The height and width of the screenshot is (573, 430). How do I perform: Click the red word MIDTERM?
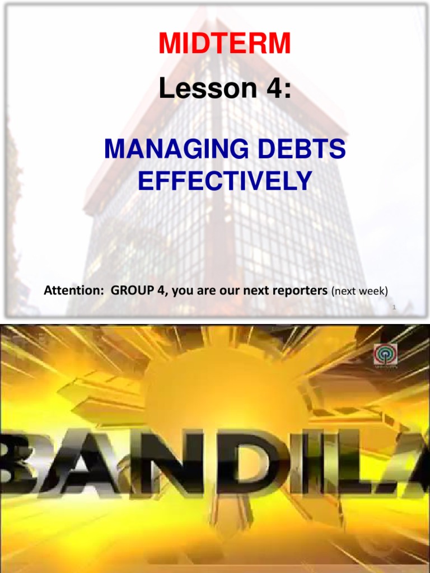[224, 44]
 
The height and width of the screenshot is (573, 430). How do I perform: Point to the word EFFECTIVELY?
[225, 180]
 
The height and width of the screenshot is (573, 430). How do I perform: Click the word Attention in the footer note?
[66, 291]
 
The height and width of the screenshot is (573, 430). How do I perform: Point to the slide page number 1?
[394, 307]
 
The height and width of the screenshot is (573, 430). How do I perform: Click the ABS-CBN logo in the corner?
[386, 357]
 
